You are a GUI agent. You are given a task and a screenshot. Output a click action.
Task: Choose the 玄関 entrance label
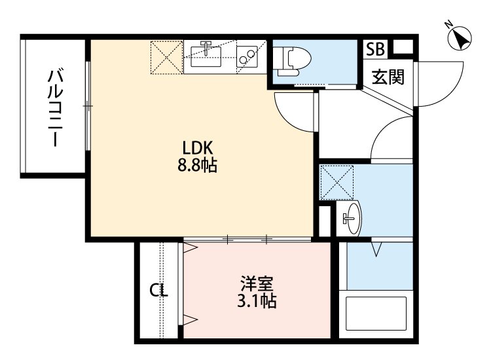(x=388, y=77)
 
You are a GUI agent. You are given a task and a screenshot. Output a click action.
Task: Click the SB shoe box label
(x=376, y=49)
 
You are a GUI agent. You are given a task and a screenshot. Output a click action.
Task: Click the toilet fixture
(x=289, y=62)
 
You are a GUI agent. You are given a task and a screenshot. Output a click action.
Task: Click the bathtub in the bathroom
(x=376, y=314)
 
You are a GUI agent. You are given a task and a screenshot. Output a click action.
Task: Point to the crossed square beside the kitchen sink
(x=167, y=58)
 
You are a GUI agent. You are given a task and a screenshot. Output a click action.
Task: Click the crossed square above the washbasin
(x=336, y=182)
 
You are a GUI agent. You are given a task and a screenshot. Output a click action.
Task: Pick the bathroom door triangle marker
(x=378, y=249)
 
